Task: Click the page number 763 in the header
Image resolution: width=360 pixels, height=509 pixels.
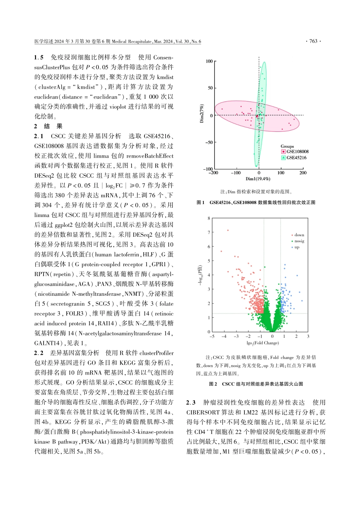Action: click(x=313, y=41)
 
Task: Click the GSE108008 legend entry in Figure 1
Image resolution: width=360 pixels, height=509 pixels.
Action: click(x=297, y=151)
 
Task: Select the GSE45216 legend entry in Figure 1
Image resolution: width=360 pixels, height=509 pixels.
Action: click(x=296, y=158)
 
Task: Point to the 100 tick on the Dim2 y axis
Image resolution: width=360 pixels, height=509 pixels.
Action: click(x=209, y=61)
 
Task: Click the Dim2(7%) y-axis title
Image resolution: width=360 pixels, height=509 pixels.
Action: click(x=202, y=113)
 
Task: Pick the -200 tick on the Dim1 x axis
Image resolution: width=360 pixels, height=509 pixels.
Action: click(x=213, y=173)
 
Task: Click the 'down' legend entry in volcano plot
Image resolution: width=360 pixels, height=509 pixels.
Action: click(x=299, y=235)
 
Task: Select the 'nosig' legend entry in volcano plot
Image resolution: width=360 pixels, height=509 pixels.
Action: click(x=299, y=241)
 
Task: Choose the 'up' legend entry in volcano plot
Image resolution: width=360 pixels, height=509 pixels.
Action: click(x=297, y=247)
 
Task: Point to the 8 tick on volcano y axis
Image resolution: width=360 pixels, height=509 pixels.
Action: click(x=209, y=218)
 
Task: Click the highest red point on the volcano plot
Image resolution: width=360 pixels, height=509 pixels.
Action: click(x=228, y=230)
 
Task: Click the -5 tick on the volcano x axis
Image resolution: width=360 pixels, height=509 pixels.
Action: click(x=212, y=336)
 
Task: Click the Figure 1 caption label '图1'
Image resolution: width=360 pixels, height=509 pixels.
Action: click(x=200, y=203)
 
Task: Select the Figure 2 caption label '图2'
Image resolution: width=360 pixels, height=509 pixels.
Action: click(x=213, y=384)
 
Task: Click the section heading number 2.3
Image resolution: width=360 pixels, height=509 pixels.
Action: click(x=191, y=403)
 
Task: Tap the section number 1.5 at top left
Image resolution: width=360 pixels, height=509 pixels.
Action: click(x=39, y=58)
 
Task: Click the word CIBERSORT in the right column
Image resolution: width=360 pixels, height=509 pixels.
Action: click(x=202, y=412)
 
